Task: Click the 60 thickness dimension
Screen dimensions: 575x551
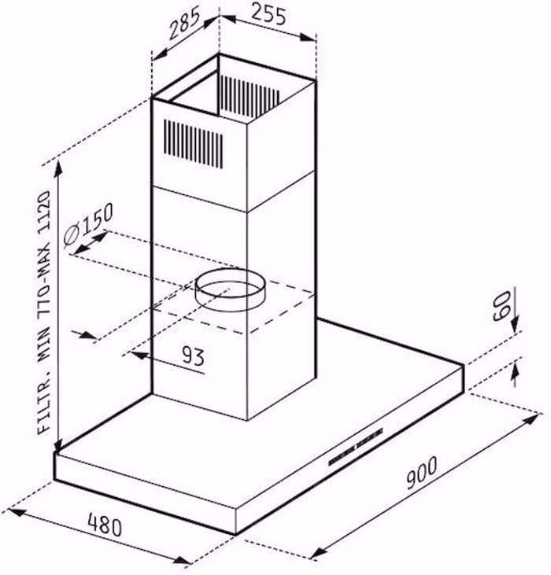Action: (x=501, y=306)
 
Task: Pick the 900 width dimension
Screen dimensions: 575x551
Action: (x=421, y=472)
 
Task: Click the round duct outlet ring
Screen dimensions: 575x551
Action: (x=229, y=289)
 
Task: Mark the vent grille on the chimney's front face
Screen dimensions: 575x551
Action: (x=193, y=143)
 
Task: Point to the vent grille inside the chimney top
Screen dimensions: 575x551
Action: (x=248, y=94)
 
